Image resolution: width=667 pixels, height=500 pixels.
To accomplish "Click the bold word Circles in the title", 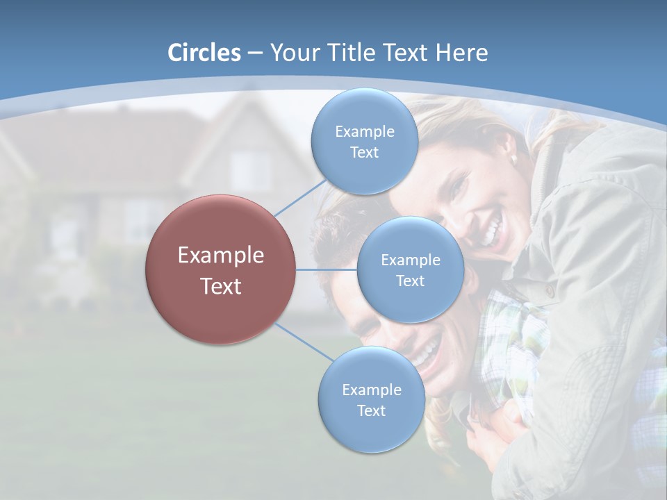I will pyautogui.click(x=204, y=53).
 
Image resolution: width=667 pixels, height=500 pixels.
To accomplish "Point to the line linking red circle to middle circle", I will pyautogui.click(x=327, y=269).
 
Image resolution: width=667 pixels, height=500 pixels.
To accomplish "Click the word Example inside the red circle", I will pyautogui.click(x=221, y=255).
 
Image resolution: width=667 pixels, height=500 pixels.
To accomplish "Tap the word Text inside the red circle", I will pyautogui.click(x=221, y=286).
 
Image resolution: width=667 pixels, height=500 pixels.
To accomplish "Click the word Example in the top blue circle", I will pyautogui.click(x=364, y=131).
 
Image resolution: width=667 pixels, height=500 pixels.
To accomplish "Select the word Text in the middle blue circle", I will pyautogui.click(x=410, y=281).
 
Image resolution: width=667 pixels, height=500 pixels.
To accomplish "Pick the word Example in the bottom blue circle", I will pyautogui.click(x=371, y=390).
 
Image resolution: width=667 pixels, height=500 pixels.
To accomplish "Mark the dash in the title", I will pyautogui.click(x=255, y=53).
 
